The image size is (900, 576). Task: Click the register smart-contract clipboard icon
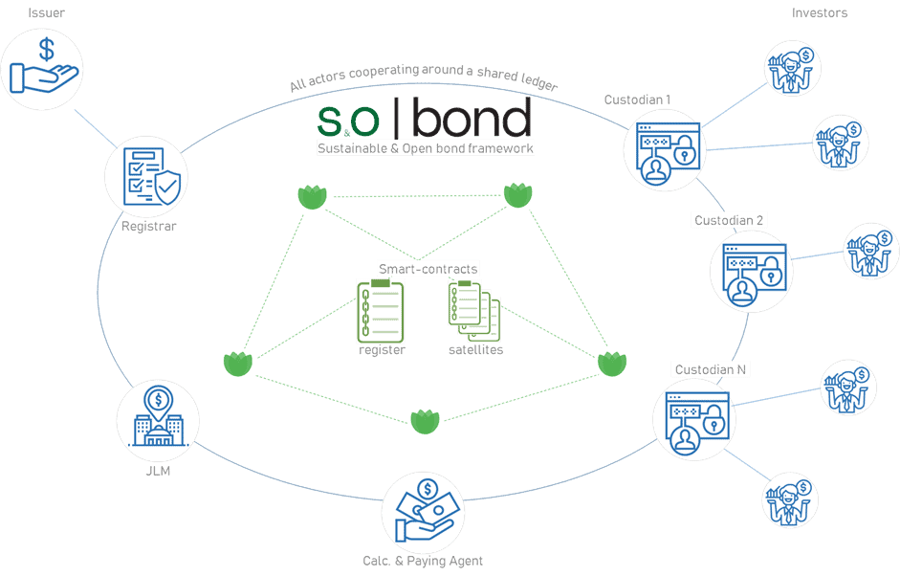coord(381,311)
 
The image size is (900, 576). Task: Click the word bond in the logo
coord(473,119)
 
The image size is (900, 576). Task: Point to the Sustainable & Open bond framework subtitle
coord(426,148)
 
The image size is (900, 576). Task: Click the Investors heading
coord(820,12)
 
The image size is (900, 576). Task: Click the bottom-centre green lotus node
coord(425,421)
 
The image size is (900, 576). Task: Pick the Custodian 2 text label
coord(729,220)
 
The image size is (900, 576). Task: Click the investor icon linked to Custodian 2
coord(870,251)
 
